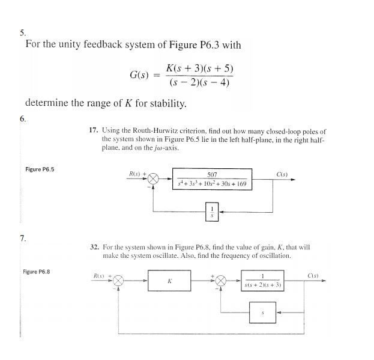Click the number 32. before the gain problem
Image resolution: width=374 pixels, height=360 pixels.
(x=94, y=247)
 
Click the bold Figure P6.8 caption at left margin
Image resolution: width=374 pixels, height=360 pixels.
(x=37, y=272)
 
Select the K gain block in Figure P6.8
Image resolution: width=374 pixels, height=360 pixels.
(x=170, y=281)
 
